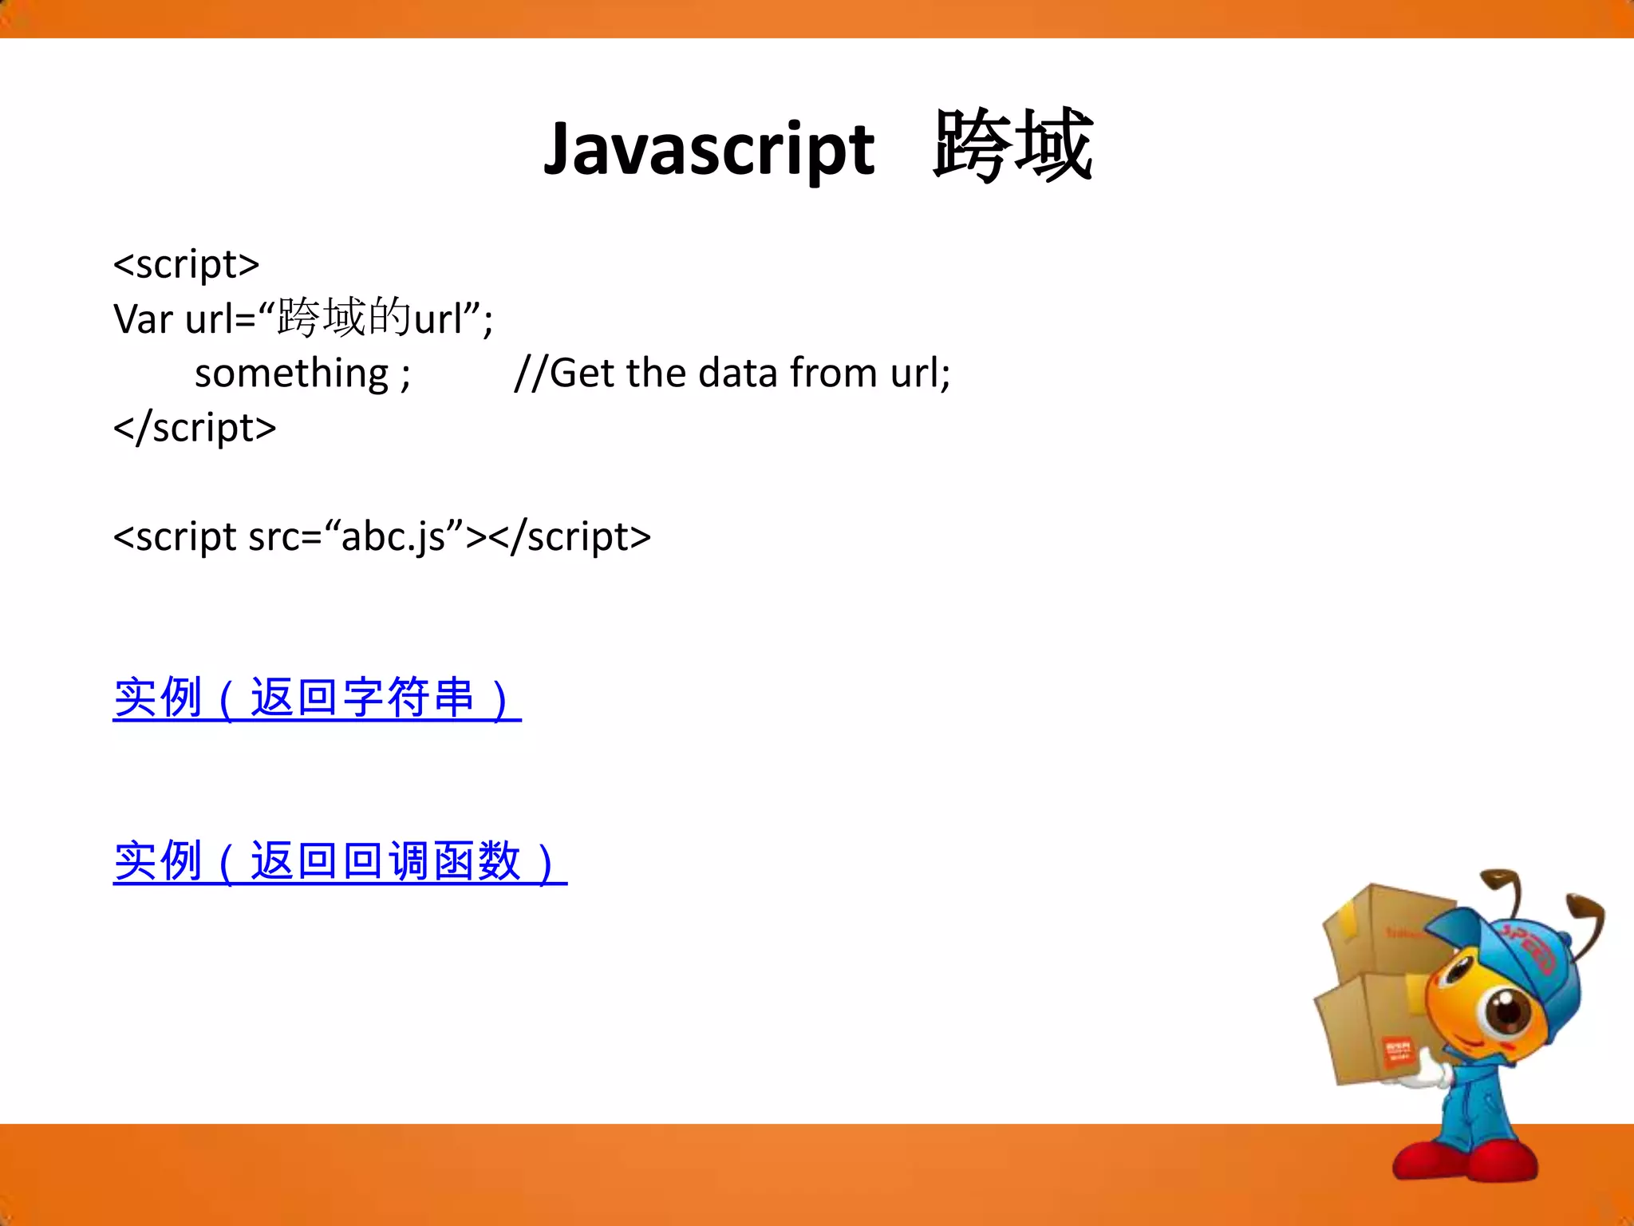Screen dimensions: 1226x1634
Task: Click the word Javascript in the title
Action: coord(708,150)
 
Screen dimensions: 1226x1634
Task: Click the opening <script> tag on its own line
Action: coord(187,264)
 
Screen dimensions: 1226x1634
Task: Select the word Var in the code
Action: coord(143,318)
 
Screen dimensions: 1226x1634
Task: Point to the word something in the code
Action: coord(291,373)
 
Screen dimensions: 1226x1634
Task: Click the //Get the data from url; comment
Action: coord(732,373)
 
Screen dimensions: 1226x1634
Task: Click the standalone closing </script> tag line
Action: coord(195,427)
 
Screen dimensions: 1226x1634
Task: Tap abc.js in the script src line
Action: coord(393,536)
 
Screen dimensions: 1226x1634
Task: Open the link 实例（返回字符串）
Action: coord(317,698)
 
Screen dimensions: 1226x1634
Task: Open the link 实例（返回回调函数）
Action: coord(339,862)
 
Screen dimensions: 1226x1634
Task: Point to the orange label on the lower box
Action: coord(1397,1051)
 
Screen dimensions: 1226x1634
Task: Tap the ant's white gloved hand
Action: coord(1428,1078)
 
